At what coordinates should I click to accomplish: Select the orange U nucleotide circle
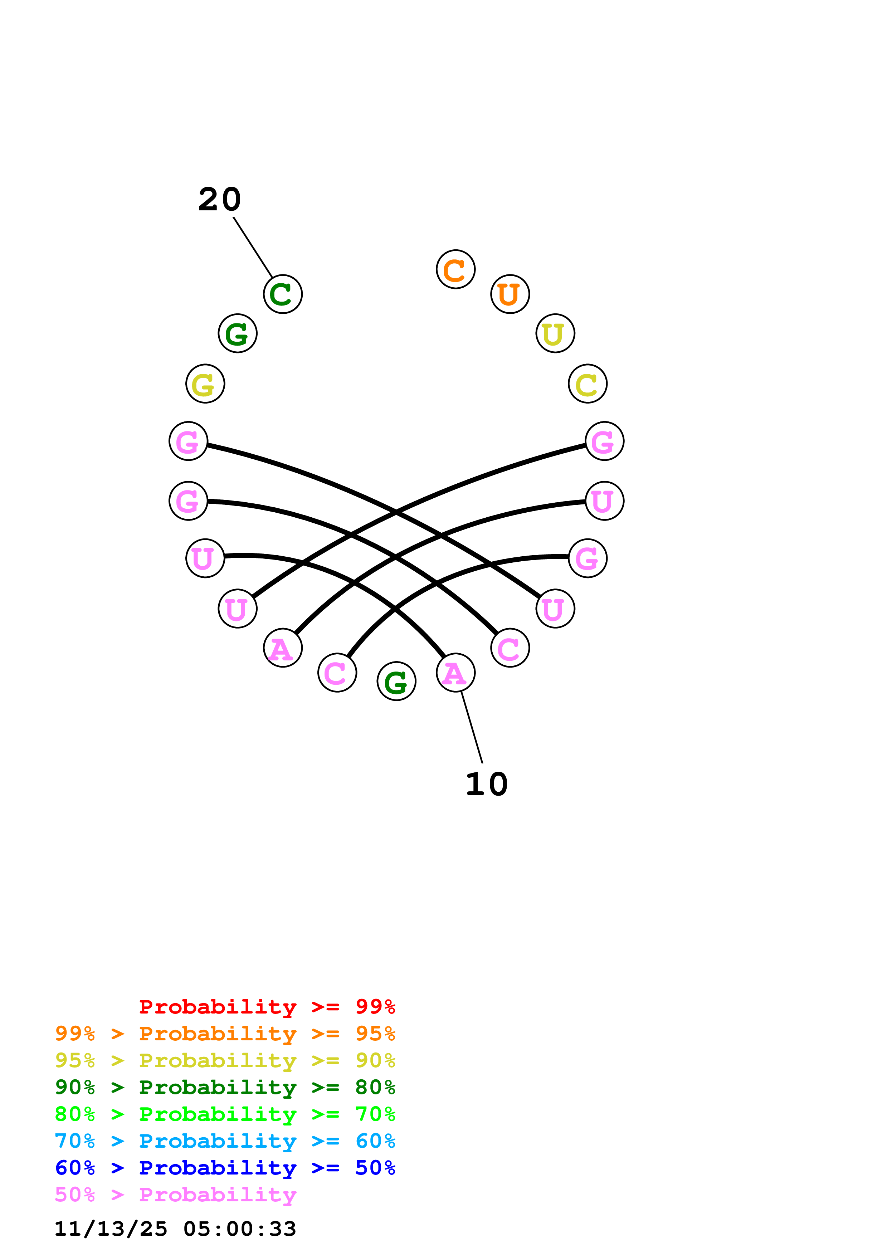point(510,294)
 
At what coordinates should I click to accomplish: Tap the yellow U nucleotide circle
point(555,333)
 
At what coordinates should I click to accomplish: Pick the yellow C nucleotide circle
point(588,384)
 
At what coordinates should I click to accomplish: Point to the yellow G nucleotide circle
point(205,384)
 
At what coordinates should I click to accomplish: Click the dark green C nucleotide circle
point(283,294)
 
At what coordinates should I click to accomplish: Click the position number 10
point(486,784)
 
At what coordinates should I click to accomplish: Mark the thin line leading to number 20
point(253,247)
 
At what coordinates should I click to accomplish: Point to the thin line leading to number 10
point(472,727)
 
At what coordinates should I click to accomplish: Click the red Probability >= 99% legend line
point(267,1007)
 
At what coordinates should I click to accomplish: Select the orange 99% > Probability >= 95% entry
point(225,1034)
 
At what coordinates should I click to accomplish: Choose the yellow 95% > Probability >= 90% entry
point(225,1060)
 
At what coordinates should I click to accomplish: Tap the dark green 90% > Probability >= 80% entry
point(225,1087)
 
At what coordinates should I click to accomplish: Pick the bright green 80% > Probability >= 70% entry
point(225,1114)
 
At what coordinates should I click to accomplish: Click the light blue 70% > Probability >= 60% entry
point(225,1141)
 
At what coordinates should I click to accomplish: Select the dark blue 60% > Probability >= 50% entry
point(225,1168)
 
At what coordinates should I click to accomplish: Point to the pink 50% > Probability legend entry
point(175,1194)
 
